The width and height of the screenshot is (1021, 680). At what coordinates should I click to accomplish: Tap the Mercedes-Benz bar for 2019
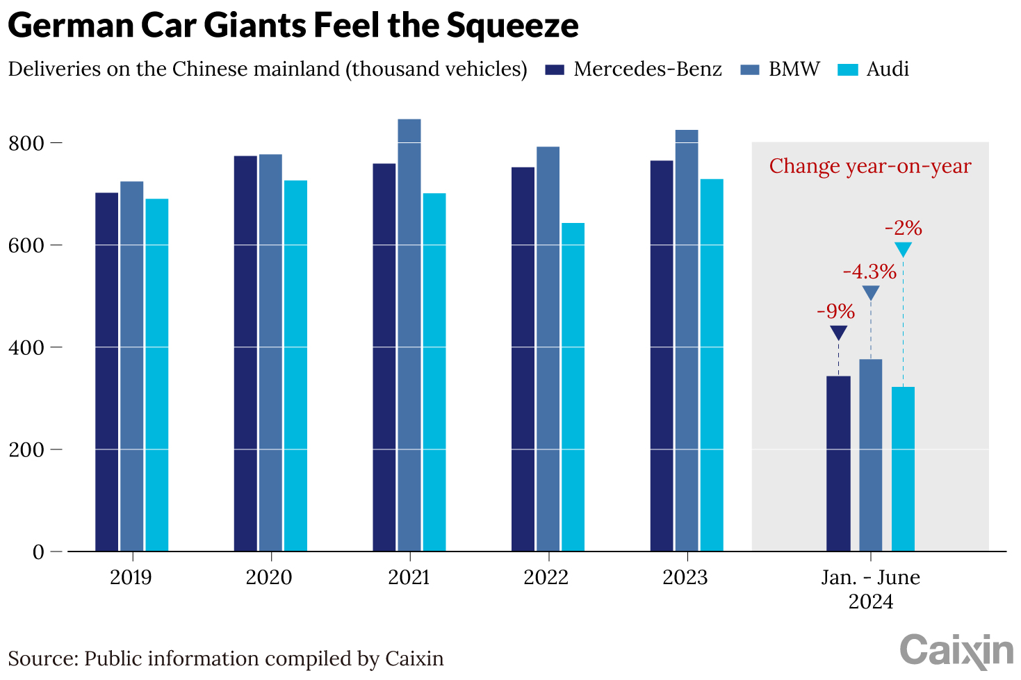tap(106, 372)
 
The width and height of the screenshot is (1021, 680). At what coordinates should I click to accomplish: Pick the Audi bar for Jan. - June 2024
tap(903, 469)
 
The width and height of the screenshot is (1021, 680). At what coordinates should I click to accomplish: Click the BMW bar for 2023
tap(686, 340)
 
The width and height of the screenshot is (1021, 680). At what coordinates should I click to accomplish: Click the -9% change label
tap(835, 311)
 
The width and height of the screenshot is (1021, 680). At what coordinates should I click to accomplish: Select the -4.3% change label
tap(869, 272)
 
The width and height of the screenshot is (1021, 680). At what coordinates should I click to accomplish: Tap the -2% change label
tap(903, 228)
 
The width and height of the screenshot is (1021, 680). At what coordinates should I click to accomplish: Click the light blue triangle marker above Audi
tap(903, 249)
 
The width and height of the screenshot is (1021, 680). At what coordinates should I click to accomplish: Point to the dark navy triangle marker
tap(839, 332)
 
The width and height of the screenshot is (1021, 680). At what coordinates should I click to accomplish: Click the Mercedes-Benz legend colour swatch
tap(555, 69)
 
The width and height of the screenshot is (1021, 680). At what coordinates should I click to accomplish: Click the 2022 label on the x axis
tap(546, 578)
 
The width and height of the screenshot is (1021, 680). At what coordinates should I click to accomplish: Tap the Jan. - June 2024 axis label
tap(870, 589)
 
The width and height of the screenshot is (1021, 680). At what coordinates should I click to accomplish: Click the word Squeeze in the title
tap(512, 26)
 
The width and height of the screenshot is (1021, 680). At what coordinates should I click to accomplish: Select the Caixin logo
tap(956, 651)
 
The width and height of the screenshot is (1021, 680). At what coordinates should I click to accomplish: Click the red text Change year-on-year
tap(869, 167)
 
